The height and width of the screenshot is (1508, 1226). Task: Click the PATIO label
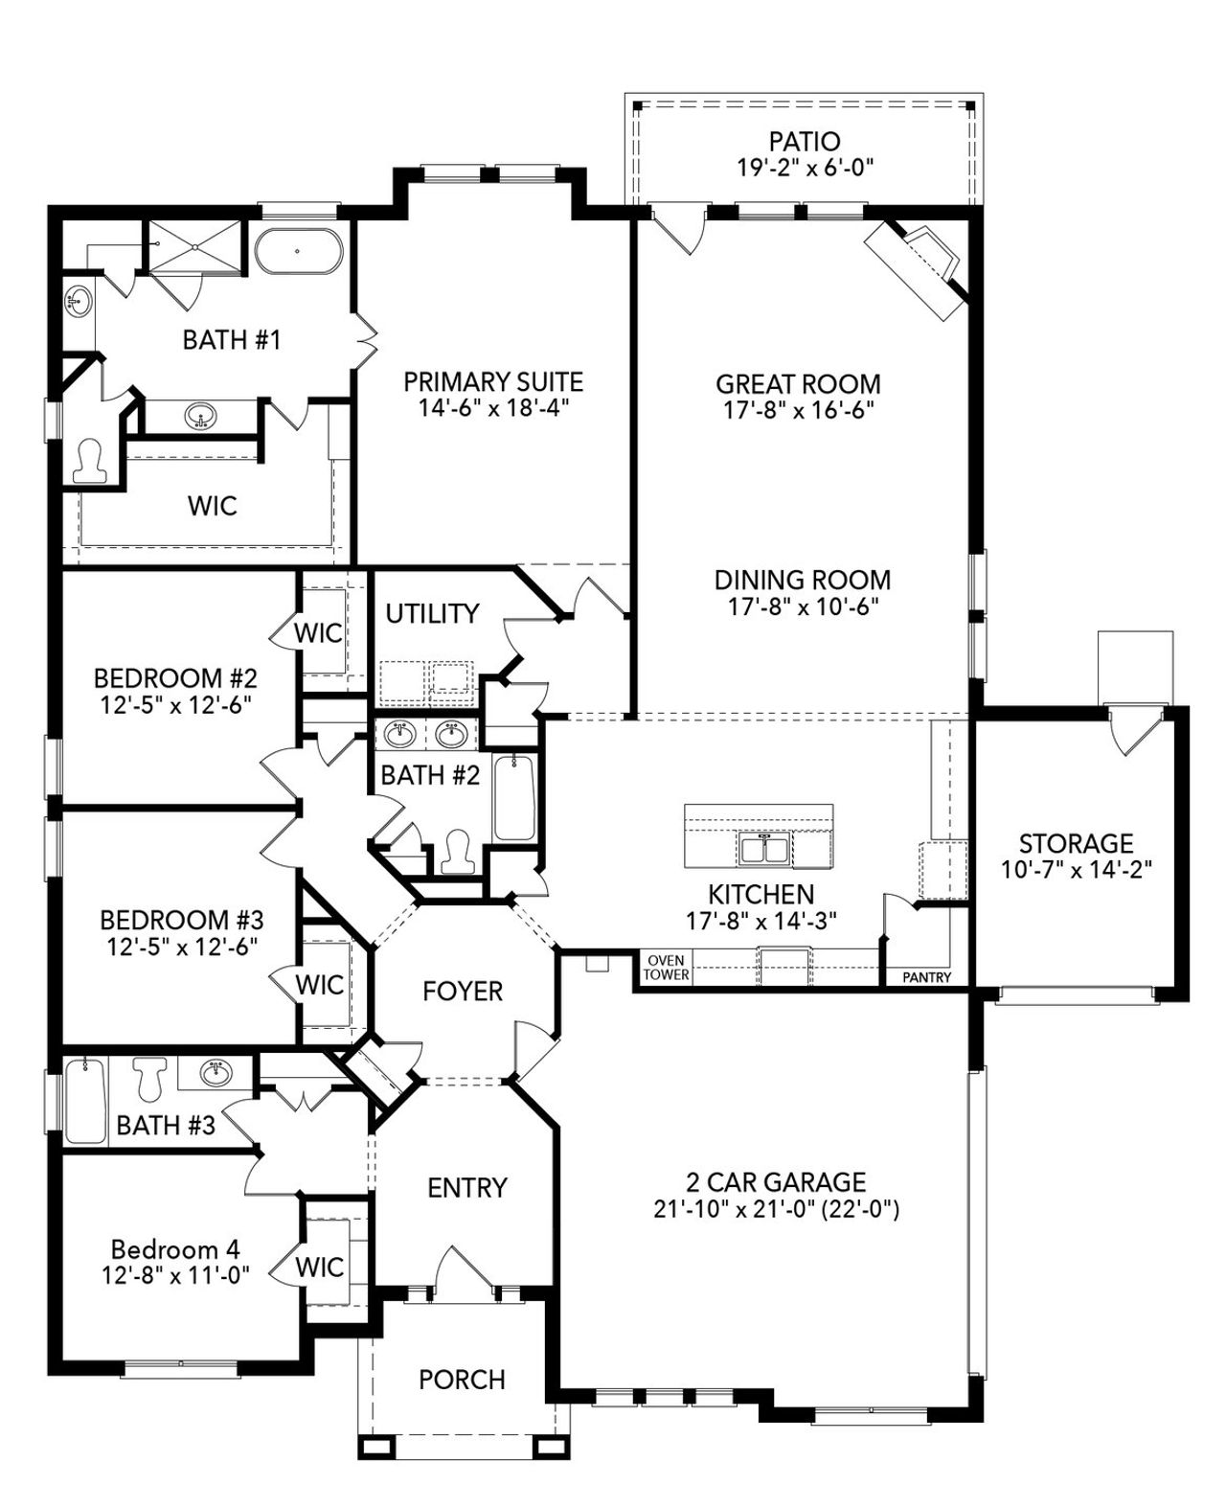[805, 143]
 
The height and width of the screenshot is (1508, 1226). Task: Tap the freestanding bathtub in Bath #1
[297, 251]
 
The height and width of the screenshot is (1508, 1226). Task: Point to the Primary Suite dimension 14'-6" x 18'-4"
[493, 407]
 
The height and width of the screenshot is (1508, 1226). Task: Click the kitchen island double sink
[762, 848]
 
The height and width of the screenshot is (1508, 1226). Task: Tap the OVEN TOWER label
[666, 968]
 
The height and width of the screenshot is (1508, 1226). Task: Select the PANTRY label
[926, 977]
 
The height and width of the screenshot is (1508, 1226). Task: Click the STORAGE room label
[1076, 843]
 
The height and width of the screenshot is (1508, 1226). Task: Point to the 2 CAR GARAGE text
[776, 1181]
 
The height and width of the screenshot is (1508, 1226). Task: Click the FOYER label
[463, 991]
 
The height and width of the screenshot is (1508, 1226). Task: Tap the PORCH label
[462, 1380]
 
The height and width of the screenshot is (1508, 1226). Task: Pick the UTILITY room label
[432, 613]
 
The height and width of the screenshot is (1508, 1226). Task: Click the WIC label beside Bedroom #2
[318, 633]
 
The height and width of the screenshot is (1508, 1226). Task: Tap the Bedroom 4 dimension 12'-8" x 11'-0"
[175, 1275]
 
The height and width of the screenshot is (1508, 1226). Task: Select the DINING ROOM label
[802, 580]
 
